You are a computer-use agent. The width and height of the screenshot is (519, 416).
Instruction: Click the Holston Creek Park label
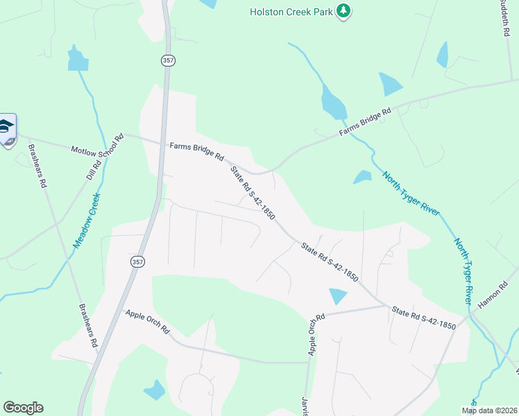coord(291,12)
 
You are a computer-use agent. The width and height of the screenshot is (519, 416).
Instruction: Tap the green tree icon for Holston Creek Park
coord(343,11)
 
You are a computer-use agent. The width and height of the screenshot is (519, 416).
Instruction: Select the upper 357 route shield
coord(168,61)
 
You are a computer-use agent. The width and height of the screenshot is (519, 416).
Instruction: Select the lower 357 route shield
coord(137,261)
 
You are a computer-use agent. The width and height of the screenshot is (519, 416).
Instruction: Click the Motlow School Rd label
coord(97,143)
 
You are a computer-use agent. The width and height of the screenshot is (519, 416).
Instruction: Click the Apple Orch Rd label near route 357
coord(148,322)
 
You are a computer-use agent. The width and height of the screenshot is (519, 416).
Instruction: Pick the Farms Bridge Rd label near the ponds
coord(365,121)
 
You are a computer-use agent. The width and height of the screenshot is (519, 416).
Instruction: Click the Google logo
coord(23,408)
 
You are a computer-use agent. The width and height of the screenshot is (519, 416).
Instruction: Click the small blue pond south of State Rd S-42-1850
coord(337,295)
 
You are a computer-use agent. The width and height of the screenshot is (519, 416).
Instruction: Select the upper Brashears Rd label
coord(37,166)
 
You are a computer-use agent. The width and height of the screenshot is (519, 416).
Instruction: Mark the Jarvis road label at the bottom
coord(304,406)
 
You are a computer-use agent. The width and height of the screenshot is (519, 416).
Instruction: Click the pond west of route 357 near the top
coord(78,59)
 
